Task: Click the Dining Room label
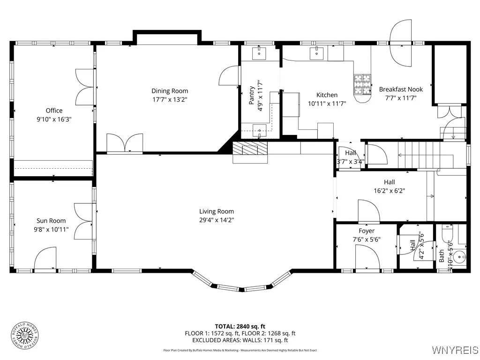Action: (170, 91)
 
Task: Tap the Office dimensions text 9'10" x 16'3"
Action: (54, 119)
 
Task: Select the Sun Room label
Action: (51, 221)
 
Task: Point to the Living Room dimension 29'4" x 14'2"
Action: (216, 220)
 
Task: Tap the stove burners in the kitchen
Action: (361, 84)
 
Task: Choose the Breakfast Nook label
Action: (401, 89)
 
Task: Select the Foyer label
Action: (367, 231)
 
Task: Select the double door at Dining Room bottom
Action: (125, 143)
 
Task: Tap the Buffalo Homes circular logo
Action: (25, 335)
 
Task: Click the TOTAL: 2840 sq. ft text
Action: (240, 326)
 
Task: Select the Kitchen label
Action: (327, 95)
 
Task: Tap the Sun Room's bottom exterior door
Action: (45, 259)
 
